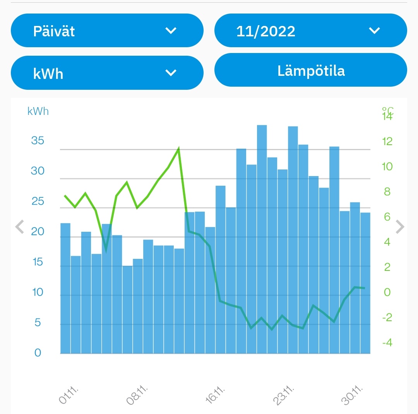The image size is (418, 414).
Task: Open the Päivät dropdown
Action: pyautogui.click(x=107, y=31)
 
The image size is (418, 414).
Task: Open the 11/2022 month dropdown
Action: pyautogui.click(x=310, y=31)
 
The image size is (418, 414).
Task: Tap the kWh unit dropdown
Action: pyautogui.click(x=107, y=73)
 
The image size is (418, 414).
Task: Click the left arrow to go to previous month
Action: pyautogui.click(x=19, y=227)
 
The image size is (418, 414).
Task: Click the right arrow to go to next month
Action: pyautogui.click(x=400, y=227)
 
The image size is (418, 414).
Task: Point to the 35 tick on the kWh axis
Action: pyautogui.click(x=38, y=140)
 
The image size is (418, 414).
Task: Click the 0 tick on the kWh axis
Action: pyautogui.click(x=38, y=353)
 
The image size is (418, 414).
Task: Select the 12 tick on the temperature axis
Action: pyautogui.click(x=387, y=141)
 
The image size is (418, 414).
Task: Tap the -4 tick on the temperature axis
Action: pyautogui.click(x=387, y=343)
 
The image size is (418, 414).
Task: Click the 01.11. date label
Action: pyautogui.click(x=69, y=395)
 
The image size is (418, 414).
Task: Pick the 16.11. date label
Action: pyautogui.click(x=215, y=395)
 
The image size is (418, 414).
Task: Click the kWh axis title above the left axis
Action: pyautogui.click(x=38, y=111)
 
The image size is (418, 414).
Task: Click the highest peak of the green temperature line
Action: pyautogui.click(x=178, y=148)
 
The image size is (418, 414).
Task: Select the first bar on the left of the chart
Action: pyautogui.click(x=65, y=288)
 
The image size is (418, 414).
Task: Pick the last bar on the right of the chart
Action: pyautogui.click(x=365, y=283)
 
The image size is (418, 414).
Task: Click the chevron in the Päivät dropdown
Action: pyautogui.click(x=171, y=31)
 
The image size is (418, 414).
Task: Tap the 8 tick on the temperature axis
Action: pyautogui.click(x=387, y=192)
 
